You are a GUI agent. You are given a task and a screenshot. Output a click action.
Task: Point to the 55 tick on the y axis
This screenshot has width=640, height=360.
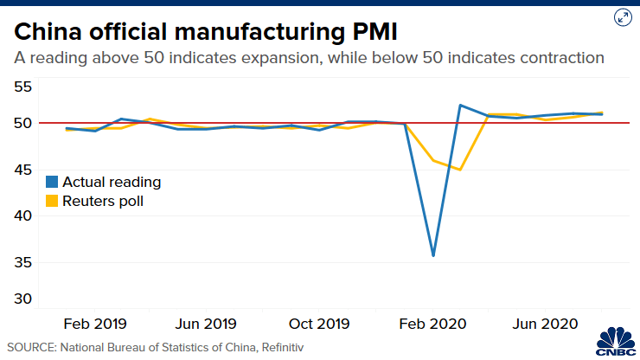point(22,87)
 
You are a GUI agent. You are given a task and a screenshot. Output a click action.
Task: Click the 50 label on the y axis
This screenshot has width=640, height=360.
point(22,123)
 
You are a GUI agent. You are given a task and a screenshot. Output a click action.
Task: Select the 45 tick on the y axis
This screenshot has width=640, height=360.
point(22,170)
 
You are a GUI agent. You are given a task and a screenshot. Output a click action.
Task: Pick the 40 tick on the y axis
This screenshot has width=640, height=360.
point(22,215)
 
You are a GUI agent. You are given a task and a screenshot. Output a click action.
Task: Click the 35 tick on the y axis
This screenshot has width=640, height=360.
point(22,262)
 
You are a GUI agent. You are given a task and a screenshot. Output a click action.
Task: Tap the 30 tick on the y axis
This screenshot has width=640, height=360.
point(22,299)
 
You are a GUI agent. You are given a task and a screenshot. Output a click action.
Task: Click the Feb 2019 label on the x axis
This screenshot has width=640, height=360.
point(96,325)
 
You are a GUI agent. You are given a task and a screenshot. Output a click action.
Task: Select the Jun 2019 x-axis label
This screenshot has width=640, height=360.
point(207,325)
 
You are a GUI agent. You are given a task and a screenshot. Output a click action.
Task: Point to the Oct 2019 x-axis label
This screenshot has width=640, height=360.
point(319,325)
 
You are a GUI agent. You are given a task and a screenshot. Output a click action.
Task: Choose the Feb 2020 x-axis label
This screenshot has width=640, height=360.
point(432,325)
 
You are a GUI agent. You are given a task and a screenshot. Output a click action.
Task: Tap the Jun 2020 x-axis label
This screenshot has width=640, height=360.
point(544,325)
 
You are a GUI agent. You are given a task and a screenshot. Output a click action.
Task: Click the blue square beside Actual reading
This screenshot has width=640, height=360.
point(52,182)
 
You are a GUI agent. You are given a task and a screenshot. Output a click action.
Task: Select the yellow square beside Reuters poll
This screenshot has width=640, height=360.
point(52,201)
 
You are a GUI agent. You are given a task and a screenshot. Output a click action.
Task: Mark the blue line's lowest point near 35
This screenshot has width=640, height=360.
point(432,255)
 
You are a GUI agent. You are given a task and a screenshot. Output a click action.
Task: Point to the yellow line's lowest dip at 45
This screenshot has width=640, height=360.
point(460,170)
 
